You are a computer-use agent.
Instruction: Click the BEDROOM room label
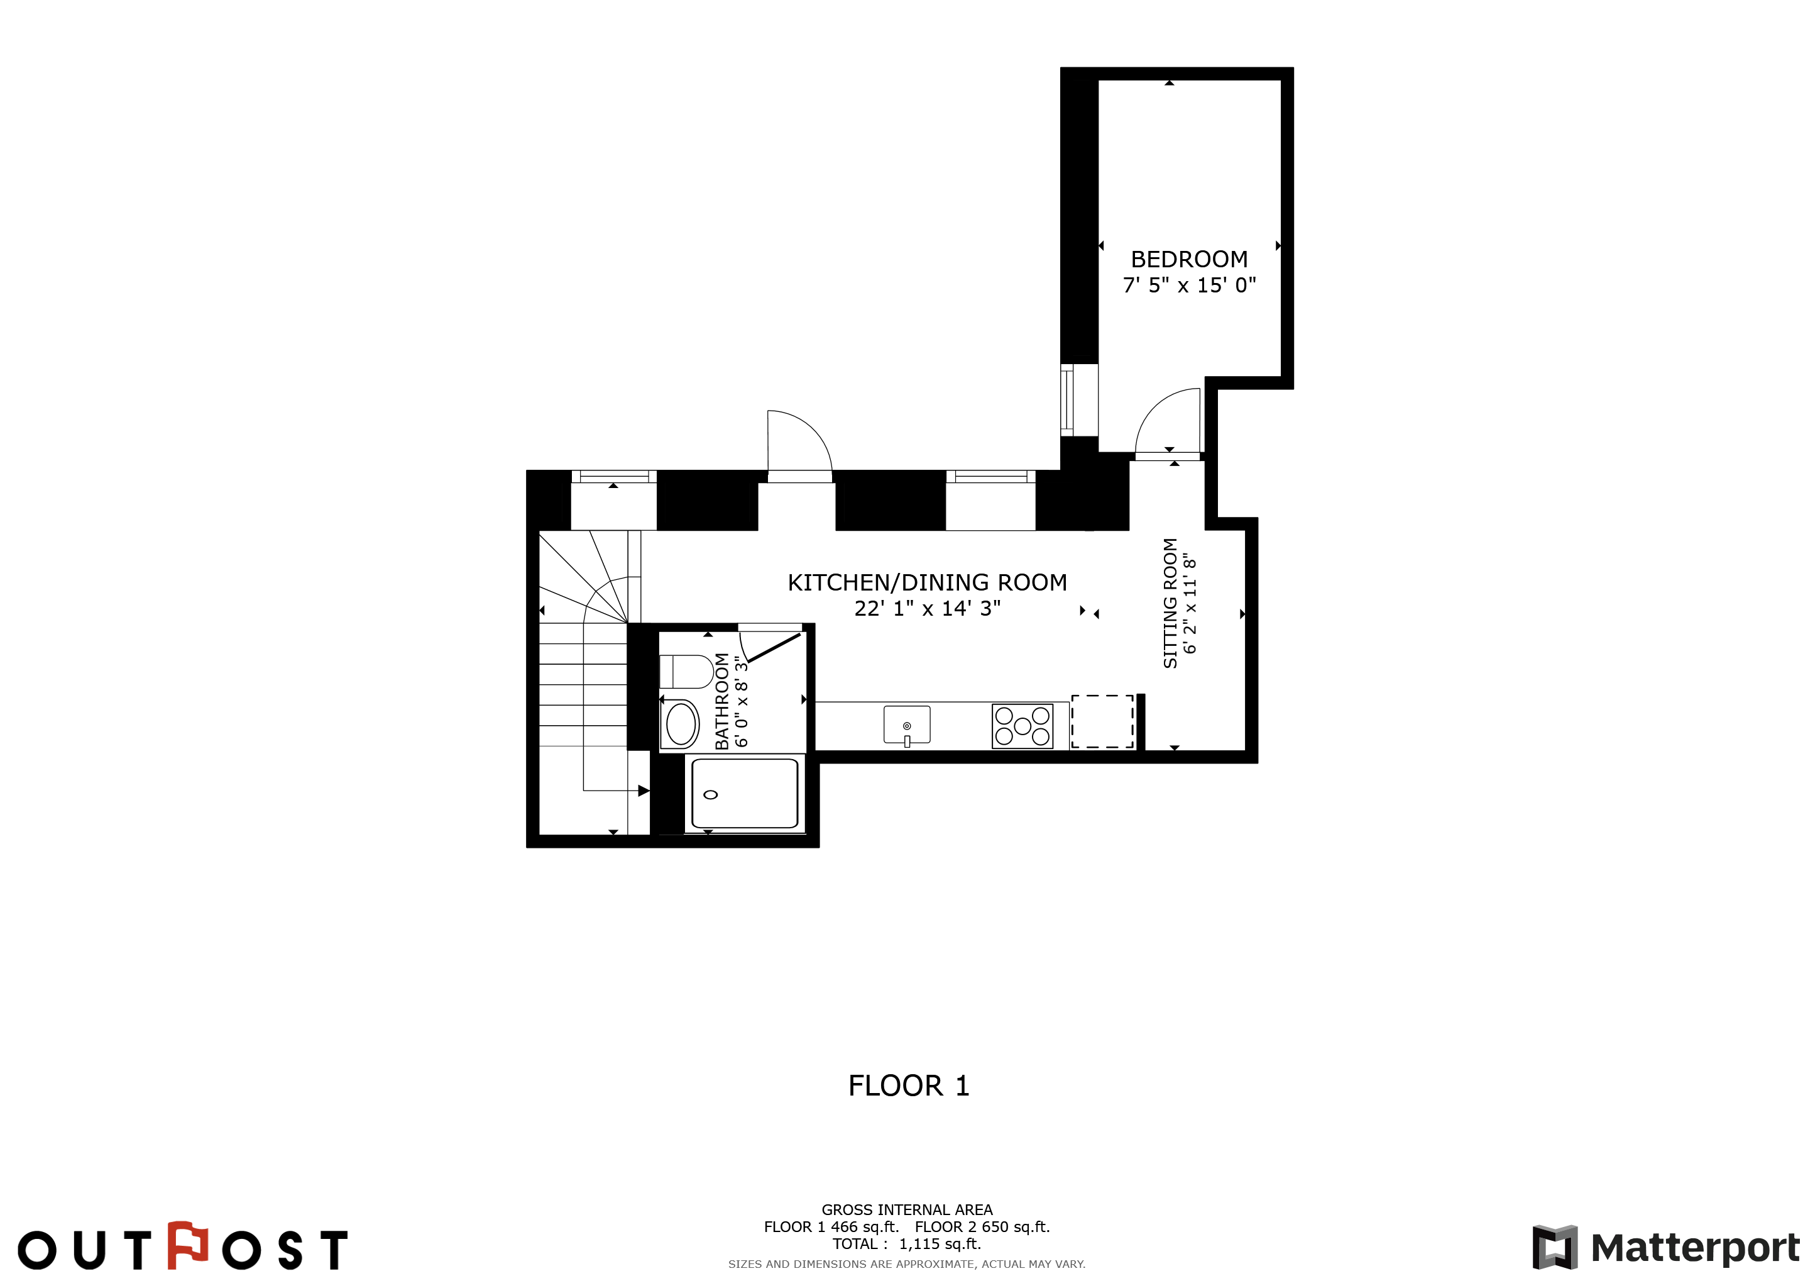1188,259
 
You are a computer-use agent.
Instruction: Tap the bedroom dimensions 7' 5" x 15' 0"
1189,285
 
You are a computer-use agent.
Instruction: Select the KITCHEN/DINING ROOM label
926,583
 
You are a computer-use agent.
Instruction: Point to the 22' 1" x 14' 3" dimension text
926,608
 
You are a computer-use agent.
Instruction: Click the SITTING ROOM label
1170,602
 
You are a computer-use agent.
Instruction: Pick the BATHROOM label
721,701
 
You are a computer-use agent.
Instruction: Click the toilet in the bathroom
686,672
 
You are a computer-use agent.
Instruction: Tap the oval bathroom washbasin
681,723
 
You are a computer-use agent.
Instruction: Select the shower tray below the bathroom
744,794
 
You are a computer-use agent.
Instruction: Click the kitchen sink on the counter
907,725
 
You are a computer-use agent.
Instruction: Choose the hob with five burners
1022,726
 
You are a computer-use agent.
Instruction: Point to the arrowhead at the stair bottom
644,791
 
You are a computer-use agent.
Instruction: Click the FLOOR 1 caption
908,1085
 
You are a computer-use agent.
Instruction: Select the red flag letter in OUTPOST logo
188,1245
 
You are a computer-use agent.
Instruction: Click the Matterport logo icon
1554,1248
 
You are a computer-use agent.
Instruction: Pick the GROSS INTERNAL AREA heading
907,1210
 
